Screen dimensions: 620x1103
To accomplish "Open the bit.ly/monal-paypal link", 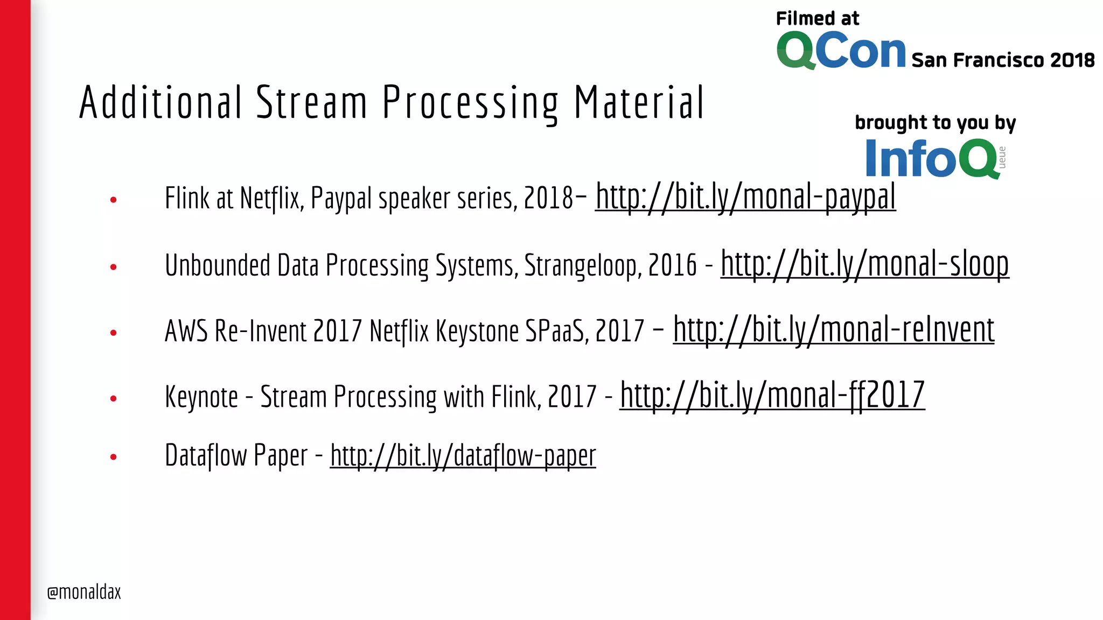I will [x=745, y=197].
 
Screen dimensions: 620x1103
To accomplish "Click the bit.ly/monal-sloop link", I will [x=864, y=264].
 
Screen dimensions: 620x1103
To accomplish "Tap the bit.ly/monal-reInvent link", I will [x=833, y=330].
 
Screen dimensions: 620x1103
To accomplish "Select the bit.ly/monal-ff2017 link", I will [x=772, y=396].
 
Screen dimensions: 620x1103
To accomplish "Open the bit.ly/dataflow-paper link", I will [x=463, y=456].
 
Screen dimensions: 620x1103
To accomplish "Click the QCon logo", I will [x=841, y=51].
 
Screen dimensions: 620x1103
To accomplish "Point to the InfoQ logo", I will [x=932, y=158].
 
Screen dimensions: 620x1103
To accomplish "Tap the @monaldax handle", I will [x=84, y=592].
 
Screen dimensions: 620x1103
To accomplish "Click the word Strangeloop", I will [x=583, y=265].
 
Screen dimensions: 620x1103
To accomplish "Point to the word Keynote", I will [x=201, y=397].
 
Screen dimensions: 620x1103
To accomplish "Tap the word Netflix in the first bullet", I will [x=269, y=198].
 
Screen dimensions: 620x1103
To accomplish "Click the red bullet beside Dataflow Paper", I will [x=113, y=457].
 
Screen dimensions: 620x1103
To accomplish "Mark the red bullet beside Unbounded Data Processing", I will [x=113, y=267].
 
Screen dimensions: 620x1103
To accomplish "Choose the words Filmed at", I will [x=817, y=19].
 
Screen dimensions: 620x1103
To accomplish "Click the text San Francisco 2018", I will [x=1003, y=60].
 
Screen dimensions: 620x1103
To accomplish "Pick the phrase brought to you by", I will [x=935, y=123].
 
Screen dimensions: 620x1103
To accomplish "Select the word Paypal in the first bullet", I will [x=341, y=198].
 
